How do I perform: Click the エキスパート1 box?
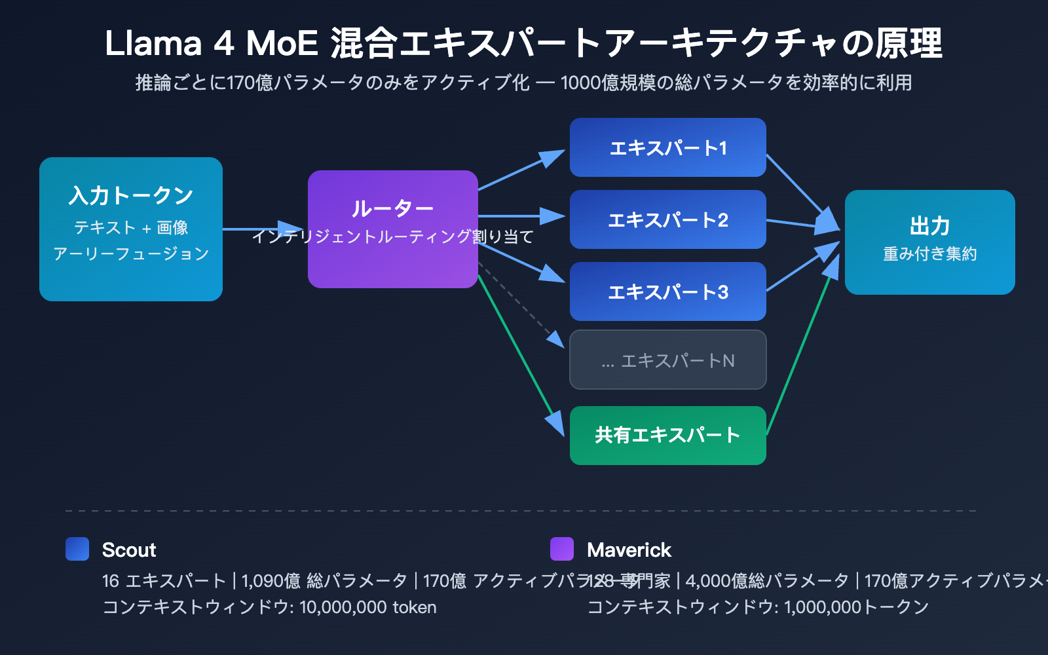(x=667, y=148)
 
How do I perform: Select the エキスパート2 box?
(x=667, y=220)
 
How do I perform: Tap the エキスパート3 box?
(x=667, y=292)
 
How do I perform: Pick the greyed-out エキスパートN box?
(x=667, y=360)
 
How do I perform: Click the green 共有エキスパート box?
(x=667, y=436)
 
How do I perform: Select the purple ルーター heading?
(x=392, y=209)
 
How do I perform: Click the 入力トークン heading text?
(x=131, y=195)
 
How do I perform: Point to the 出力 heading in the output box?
(x=929, y=226)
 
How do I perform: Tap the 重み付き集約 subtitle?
(x=929, y=254)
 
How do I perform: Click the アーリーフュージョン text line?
(x=131, y=254)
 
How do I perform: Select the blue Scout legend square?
(x=77, y=549)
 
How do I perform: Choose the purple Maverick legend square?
(x=562, y=549)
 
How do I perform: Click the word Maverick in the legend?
(x=629, y=550)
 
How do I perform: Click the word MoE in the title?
(x=282, y=44)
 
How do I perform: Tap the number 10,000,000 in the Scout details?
(x=343, y=608)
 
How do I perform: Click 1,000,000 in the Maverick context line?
(x=822, y=608)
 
